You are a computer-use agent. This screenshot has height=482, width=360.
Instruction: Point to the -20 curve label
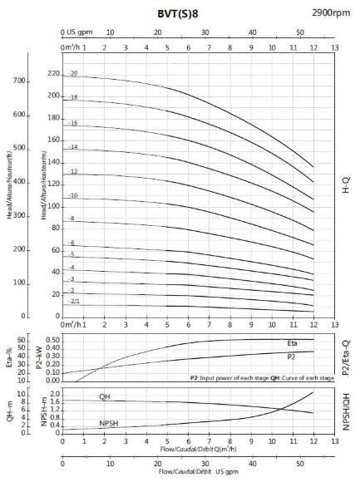pyautogui.click(x=73, y=74)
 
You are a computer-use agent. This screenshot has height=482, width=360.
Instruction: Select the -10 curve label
pyautogui.click(x=73, y=196)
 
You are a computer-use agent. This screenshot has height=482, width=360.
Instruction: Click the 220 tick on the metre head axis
pyautogui.click(x=54, y=74)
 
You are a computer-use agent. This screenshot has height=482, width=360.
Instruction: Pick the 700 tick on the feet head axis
pyautogui.click(x=20, y=81)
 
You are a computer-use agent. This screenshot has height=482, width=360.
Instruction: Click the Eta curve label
pyautogui.click(x=292, y=342)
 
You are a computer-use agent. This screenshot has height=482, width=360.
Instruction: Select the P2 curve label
pyautogui.click(x=292, y=357)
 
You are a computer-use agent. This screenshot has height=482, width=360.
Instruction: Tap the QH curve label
pyautogui.click(x=104, y=396)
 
